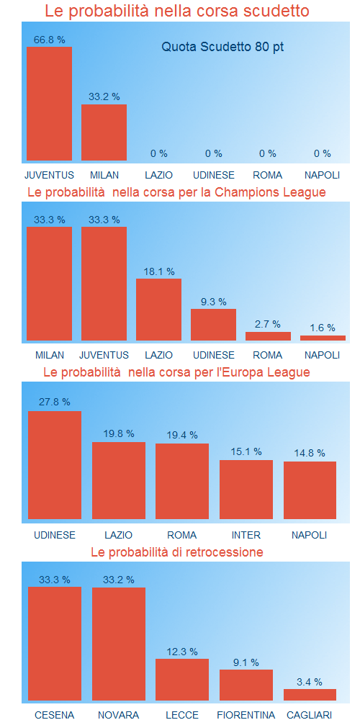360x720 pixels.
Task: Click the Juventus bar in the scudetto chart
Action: tap(49, 104)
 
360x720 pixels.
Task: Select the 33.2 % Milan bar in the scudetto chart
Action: tap(104, 132)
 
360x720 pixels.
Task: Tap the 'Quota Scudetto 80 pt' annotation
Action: tap(222, 47)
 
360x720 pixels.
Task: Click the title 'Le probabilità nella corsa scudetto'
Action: tap(177, 12)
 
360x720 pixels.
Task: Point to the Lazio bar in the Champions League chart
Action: tap(158, 310)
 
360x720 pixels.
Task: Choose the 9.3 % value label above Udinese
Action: tap(213, 302)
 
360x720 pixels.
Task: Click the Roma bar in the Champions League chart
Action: tap(268, 336)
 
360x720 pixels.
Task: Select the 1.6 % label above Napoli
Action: tap(322, 328)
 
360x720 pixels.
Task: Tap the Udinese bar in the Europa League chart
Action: tap(55, 465)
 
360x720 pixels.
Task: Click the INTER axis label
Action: tap(246, 535)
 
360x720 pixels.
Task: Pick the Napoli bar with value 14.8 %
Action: tap(310, 490)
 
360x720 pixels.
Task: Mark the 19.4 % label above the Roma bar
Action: tap(182, 436)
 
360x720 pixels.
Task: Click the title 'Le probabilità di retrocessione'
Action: tap(177, 552)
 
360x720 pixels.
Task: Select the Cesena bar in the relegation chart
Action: tap(55, 644)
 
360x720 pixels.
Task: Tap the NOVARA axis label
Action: tap(118, 715)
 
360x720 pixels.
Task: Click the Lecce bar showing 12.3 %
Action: tap(182, 680)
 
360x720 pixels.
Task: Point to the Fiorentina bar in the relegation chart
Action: tap(246, 685)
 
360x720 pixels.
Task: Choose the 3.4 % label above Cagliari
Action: tap(310, 682)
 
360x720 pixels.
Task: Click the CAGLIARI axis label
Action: tap(310, 715)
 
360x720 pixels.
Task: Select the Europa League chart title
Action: tap(177, 372)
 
